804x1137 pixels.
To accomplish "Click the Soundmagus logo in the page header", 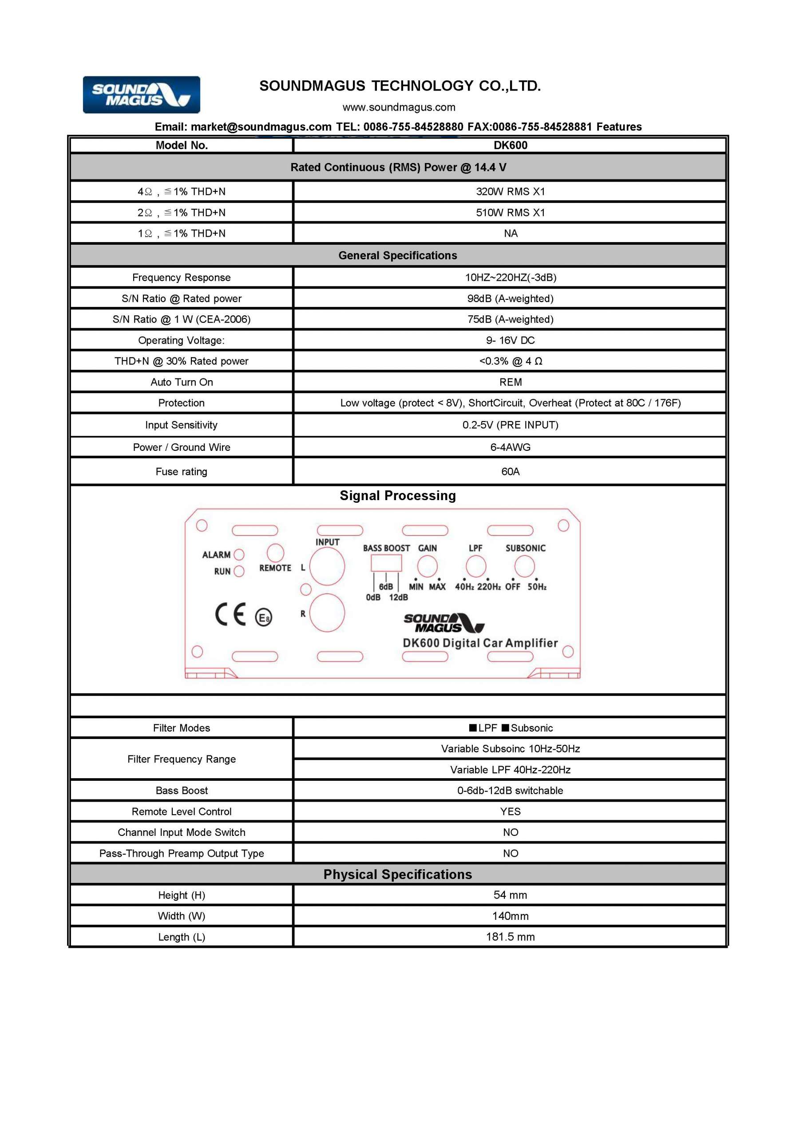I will [141, 95].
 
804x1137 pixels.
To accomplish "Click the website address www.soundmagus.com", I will [399, 107].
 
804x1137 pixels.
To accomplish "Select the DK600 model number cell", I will [510, 145].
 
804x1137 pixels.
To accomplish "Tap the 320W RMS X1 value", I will [510, 191].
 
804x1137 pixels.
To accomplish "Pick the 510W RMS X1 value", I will [510, 212].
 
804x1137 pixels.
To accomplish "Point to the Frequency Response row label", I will [181, 277].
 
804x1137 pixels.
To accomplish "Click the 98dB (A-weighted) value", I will [510, 298].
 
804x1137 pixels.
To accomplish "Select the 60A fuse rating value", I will [510, 471].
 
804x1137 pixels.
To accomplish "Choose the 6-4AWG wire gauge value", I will [510, 447].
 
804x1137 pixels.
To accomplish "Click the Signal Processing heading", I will [397, 496].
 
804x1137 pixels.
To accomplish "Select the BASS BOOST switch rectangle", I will [386, 564].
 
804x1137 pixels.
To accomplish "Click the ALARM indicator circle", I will [239, 555].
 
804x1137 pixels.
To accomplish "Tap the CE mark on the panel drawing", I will [230, 615].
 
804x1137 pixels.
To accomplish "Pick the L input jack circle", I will [327, 567].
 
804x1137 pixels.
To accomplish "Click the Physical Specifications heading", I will [397, 875].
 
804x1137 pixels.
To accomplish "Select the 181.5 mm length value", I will [510, 937].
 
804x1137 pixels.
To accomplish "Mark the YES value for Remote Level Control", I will [510, 811].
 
